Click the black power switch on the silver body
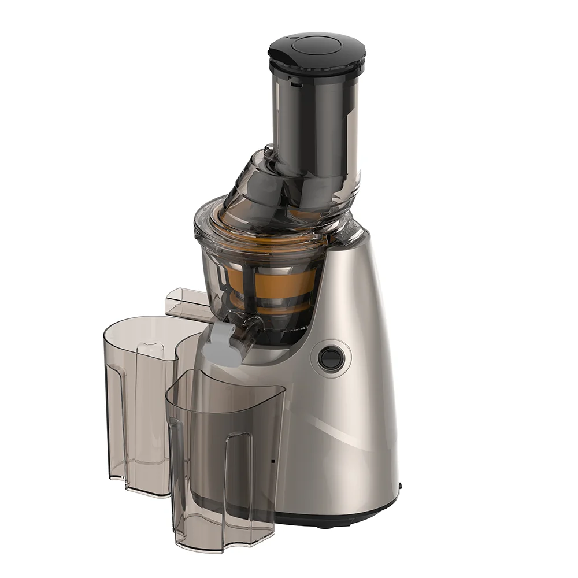(331, 359)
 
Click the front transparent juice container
(225, 457)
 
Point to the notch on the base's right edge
(399, 487)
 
